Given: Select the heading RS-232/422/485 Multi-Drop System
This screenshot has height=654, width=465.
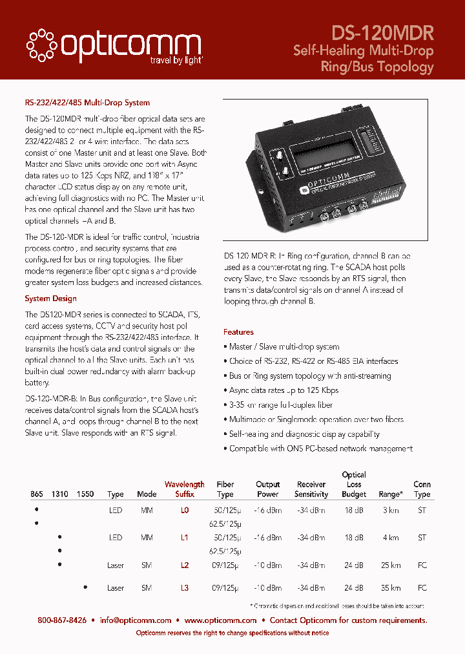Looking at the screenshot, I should click(x=87, y=103).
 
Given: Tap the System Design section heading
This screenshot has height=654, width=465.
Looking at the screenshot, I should click(x=50, y=299).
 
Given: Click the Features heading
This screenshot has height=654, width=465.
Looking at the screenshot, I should click(x=238, y=332).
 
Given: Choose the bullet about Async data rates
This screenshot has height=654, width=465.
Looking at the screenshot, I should click(x=284, y=390).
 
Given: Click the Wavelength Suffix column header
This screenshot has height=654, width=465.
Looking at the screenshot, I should click(x=184, y=489).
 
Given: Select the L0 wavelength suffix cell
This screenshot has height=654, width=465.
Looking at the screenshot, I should click(x=185, y=511).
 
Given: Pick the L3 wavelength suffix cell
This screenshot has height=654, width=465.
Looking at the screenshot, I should click(x=185, y=588).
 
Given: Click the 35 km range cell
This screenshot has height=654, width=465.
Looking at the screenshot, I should click(x=391, y=588).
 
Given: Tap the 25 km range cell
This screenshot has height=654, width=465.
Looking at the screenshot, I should click(x=391, y=565).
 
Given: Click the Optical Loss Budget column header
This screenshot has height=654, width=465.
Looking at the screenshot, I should click(x=354, y=484).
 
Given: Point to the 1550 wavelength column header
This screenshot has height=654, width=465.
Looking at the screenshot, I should click(x=85, y=494).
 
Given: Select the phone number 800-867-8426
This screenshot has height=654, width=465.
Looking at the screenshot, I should click(x=62, y=620).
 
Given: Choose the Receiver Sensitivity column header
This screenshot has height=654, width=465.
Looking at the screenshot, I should click(x=311, y=489).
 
